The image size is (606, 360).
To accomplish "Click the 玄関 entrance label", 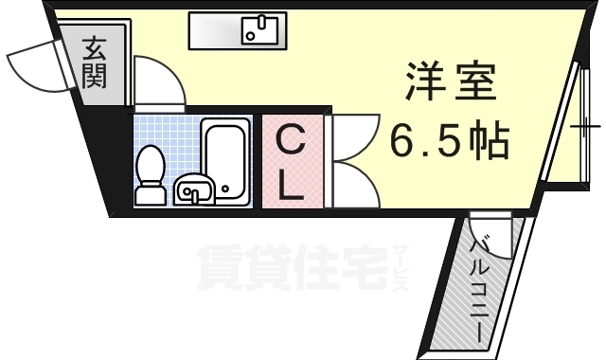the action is tap(93, 62).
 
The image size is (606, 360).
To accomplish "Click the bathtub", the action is tap(227, 161).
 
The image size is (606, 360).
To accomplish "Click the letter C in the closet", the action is tap(291, 143).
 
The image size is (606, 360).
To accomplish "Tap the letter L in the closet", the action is tap(291, 187).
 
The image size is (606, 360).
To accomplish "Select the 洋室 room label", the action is tap(451, 83).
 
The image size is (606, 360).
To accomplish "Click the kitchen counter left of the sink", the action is tap(213, 31).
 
